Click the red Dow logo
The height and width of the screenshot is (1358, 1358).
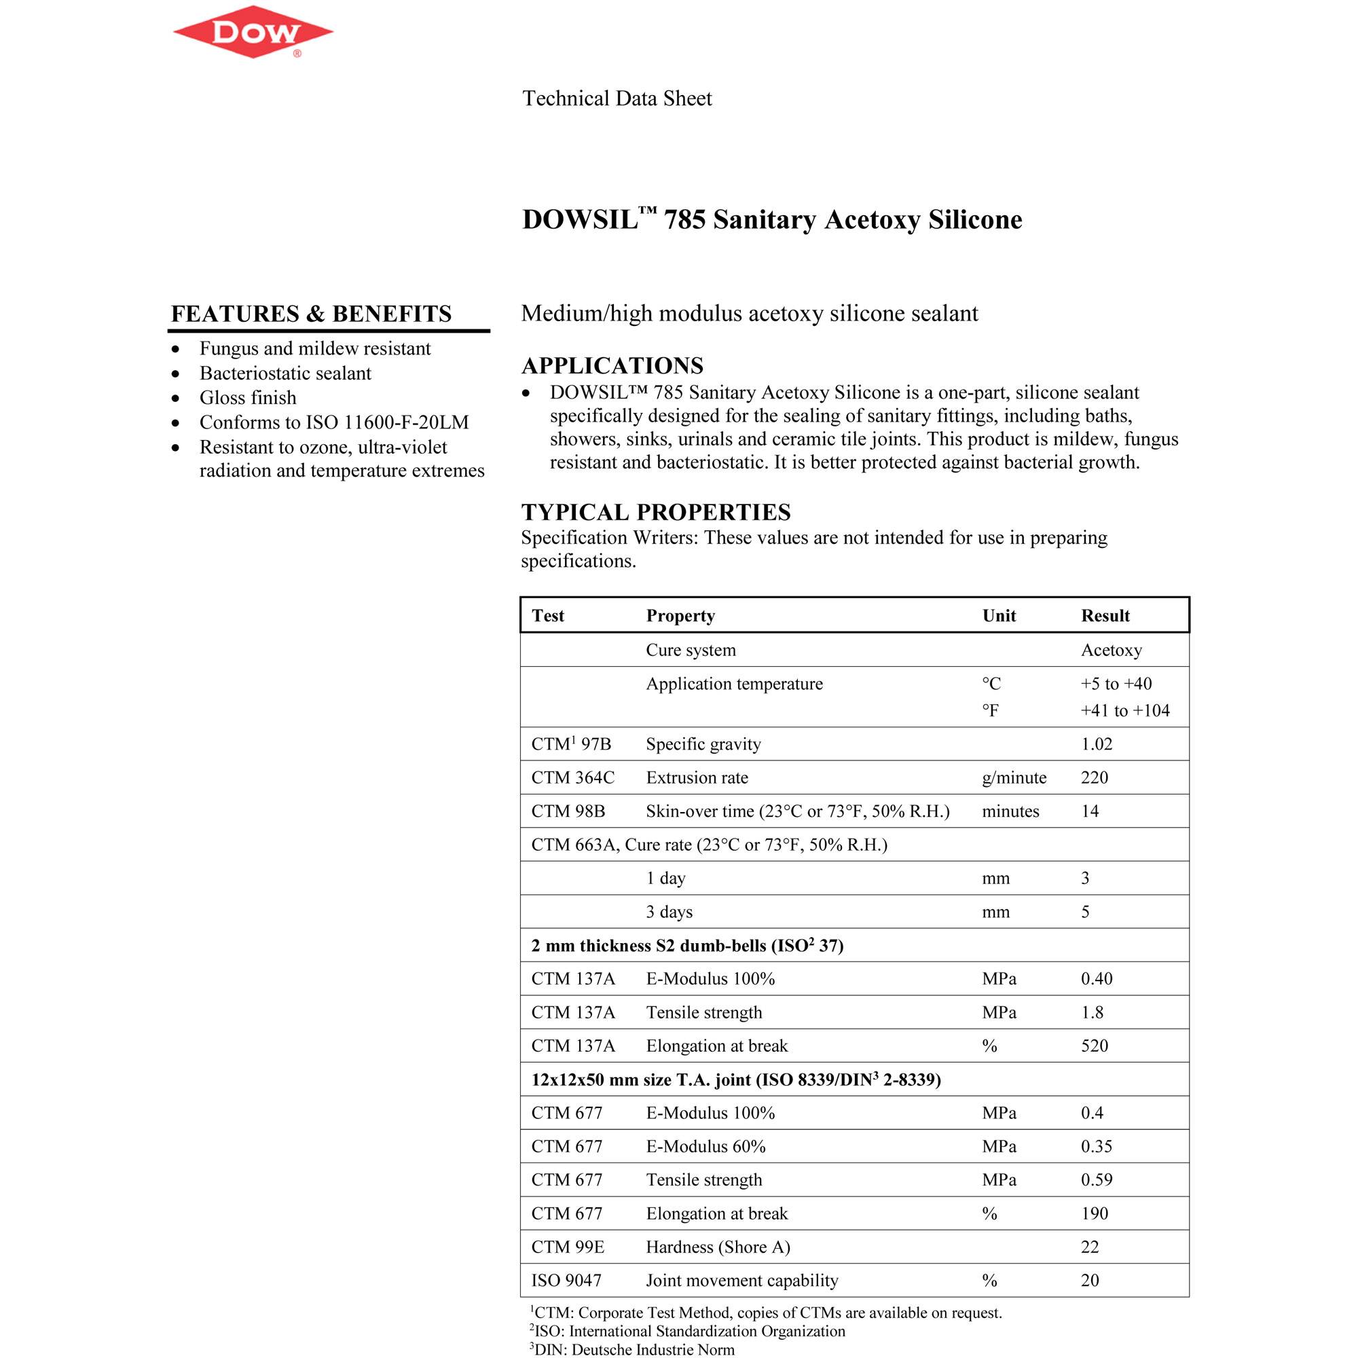pos(253,33)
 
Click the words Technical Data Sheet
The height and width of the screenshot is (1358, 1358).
pos(617,98)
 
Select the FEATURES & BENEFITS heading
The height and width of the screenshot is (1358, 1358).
pos(312,314)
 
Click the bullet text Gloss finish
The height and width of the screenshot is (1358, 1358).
pos(247,398)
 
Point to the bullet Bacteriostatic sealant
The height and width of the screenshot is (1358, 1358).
pos(285,373)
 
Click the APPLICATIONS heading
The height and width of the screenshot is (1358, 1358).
pos(612,365)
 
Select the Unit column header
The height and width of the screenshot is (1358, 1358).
pos(999,616)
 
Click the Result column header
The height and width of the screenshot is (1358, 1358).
pos(1105,616)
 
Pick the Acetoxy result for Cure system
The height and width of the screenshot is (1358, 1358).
pos(1112,650)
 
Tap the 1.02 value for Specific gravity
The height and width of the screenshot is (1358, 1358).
pos(1097,744)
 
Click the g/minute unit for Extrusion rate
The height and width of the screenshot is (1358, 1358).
pos(1014,777)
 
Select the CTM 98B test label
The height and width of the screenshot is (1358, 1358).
pos(568,811)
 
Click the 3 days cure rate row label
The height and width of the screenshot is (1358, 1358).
pos(669,912)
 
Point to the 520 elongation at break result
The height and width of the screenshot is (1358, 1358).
pos(1095,1046)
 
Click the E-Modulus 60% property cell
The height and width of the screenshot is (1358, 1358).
pos(705,1146)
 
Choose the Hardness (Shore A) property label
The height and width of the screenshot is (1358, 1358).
pos(718,1247)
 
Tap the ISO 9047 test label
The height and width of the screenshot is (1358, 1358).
pos(566,1280)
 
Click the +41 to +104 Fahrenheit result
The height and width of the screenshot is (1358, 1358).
pos(1124,711)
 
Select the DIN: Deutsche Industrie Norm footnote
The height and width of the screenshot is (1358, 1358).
pos(634,1349)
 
